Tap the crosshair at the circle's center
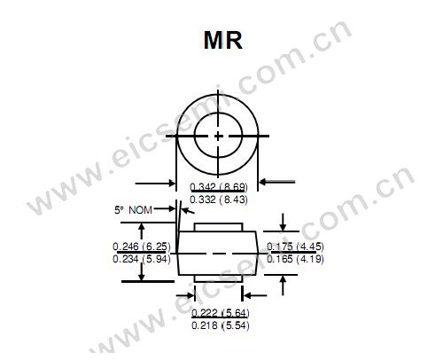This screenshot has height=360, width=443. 219,136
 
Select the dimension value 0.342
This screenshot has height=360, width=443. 204,186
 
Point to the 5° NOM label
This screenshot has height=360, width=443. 134,212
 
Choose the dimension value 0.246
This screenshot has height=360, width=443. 127,246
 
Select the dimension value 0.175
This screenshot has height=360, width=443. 282,246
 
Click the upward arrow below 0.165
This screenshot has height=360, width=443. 283,285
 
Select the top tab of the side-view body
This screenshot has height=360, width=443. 219,229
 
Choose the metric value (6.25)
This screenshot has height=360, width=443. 157,246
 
